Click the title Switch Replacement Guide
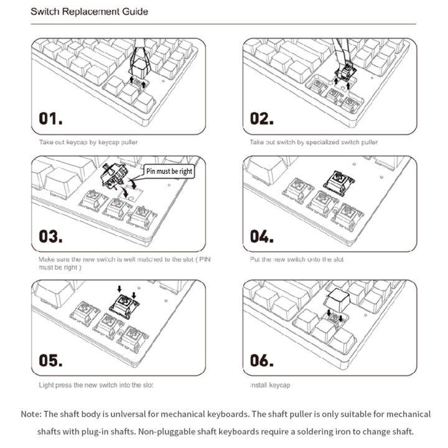click(x=89, y=12)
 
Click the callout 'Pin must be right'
click(x=169, y=170)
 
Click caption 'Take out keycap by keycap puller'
click(x=88, y=142)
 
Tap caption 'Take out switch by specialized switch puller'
click(x=314, y=142)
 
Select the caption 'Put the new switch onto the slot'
click(x=296, y=259)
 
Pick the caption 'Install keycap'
click(x=270, y=385)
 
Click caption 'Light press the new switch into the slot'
click(x=96, y=385)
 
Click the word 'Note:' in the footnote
click(x=31, y=414)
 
